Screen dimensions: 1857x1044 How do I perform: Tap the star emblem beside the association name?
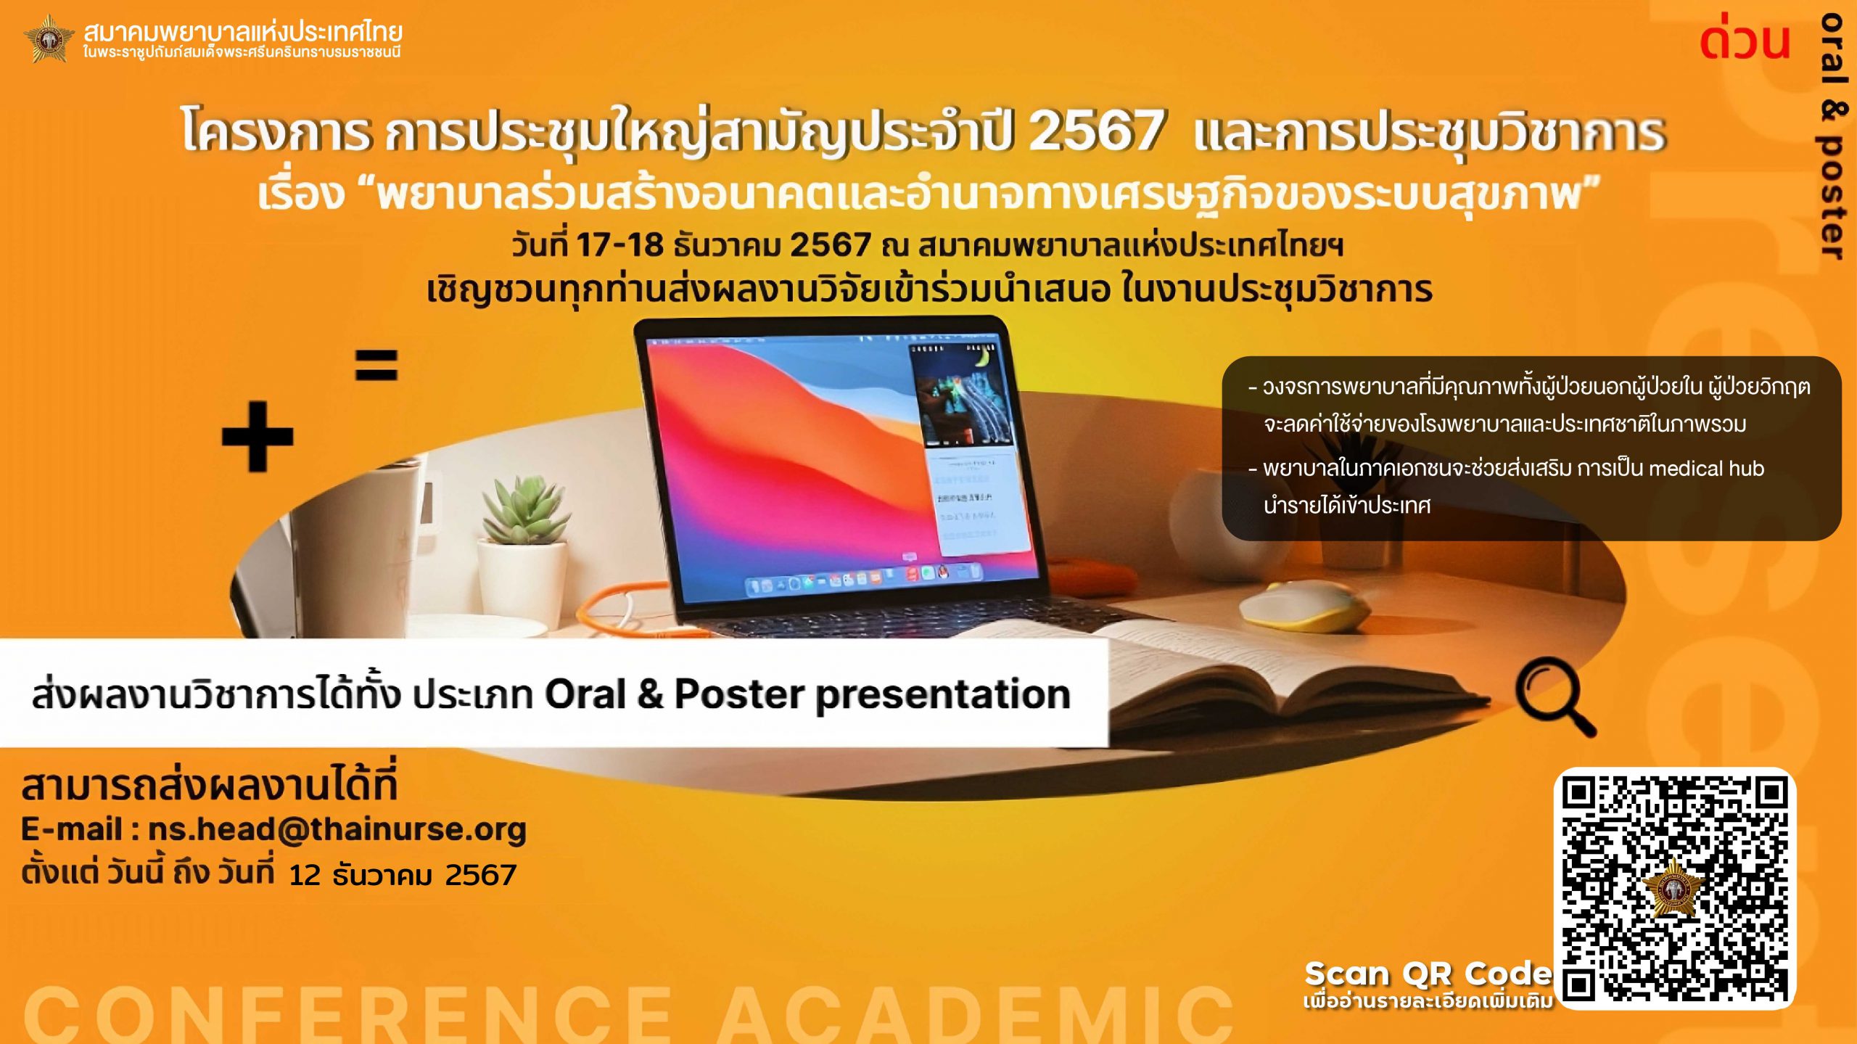(49, 38)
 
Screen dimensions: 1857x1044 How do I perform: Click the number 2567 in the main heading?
(1096, 131)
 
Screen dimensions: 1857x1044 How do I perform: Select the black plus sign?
(258, 437)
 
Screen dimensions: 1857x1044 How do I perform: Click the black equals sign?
(376, 365)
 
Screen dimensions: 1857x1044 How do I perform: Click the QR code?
(1674, 888)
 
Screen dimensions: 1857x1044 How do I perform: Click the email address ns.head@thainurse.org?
(337, 829)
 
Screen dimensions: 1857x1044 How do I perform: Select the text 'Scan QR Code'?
(1428, 974)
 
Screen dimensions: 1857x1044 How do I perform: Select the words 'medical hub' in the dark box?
(1707, 469)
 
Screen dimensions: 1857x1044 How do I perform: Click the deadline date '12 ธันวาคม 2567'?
(403, 876)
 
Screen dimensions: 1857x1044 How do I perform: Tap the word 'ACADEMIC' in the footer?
(976, 1014)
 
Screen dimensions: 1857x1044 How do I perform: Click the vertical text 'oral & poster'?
(1832, 136)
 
